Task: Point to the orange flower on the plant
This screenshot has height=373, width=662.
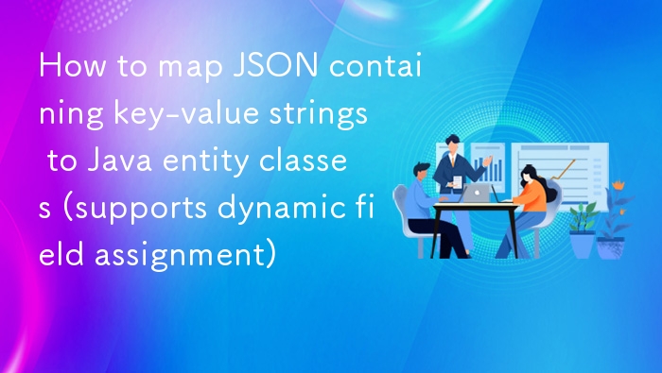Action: pyautogui.click(x=618, y=183)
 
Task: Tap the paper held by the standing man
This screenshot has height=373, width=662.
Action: pyautogui.click(x=457, y=180)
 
